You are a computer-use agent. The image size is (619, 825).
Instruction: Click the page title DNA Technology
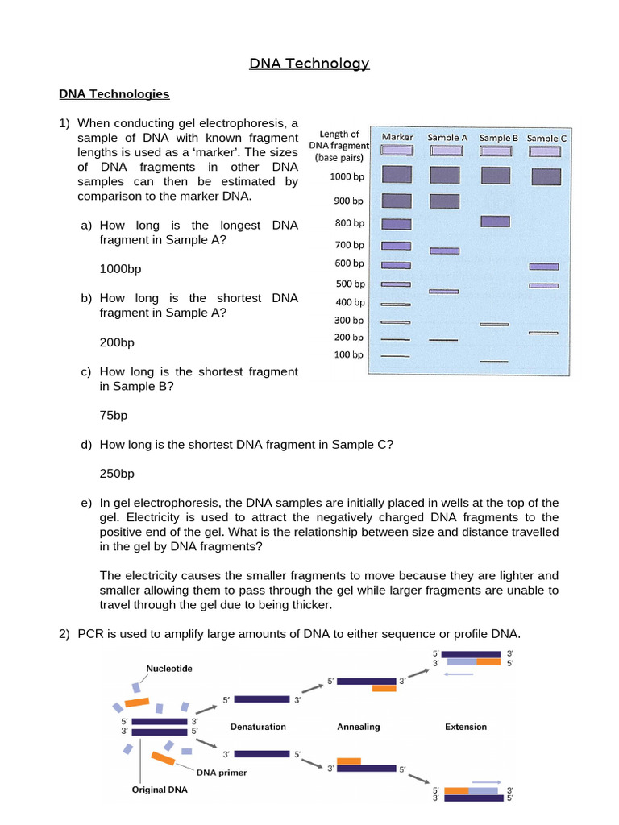coord(309,64)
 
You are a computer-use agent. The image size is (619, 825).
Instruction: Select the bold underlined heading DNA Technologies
coord(114,94)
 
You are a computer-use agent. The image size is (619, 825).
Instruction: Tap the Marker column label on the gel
coord(397,137)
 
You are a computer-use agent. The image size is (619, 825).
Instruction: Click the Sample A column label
coord(447,138)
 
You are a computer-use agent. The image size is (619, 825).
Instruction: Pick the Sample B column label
coord(498,138)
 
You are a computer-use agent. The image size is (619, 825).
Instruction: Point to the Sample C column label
coord(546,138)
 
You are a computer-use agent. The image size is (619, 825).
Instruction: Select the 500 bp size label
coord(350,284)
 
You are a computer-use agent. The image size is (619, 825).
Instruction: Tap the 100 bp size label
coord(349,354)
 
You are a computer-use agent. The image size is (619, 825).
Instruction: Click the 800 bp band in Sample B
coord(495,222)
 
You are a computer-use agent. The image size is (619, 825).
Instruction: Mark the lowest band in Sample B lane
coord(494,362)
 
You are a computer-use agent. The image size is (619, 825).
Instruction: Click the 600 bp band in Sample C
coord(543,266)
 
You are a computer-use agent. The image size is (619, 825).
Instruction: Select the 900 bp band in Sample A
coord(445,201)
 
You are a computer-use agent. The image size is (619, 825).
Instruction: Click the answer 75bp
coord(114,416)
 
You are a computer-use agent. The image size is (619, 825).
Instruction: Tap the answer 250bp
coord(117,474)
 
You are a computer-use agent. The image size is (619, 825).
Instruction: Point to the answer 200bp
coord(117,342)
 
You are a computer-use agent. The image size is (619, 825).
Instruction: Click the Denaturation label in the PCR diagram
coord(258,727)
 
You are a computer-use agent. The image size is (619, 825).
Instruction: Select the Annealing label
coord(358,727)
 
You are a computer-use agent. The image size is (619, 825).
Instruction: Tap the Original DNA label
coord(160,790)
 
